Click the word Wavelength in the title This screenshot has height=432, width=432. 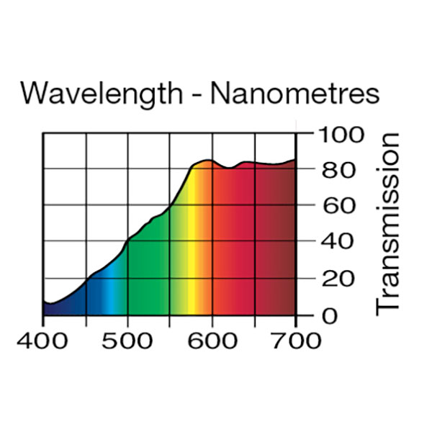point(101,94)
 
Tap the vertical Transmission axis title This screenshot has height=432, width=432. point(387,223)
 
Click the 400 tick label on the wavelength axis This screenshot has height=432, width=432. point(43,341)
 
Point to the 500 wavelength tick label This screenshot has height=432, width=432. point(127,341)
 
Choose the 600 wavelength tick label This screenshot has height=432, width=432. point(212,341)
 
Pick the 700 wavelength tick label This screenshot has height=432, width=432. point(296,341)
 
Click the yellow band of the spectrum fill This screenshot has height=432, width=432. point(193,274)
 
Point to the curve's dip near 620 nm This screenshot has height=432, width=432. point(228,168)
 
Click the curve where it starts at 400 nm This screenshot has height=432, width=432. point(44,302)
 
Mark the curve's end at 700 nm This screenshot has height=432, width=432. point(294,160)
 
